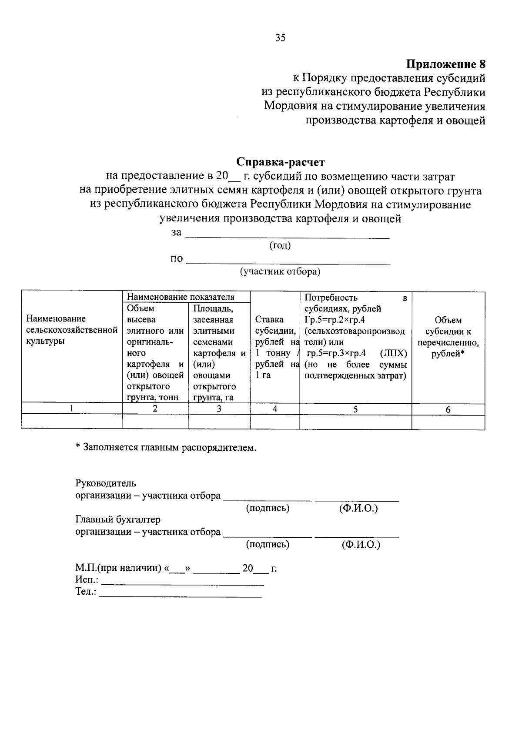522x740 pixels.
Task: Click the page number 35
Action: click(281, 38)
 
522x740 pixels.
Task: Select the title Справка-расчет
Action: click(281, 162)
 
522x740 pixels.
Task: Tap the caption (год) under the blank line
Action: click(280, 245)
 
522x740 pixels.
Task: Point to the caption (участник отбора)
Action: click(280, 272)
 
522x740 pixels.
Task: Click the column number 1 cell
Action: click(71, 409)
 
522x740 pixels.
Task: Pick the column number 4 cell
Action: click(275, 409)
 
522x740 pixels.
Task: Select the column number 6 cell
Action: click(448, 409)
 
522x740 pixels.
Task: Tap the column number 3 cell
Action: click(219, 409)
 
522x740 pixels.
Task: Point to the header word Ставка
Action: click(269, 320)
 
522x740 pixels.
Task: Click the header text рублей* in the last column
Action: click(448, 354)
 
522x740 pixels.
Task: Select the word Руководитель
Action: click(106, 483)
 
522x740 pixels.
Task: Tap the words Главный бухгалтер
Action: click(118, 519)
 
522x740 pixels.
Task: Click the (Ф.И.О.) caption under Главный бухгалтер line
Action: click(361, 544)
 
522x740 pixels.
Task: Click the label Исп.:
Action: click(87, 580)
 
